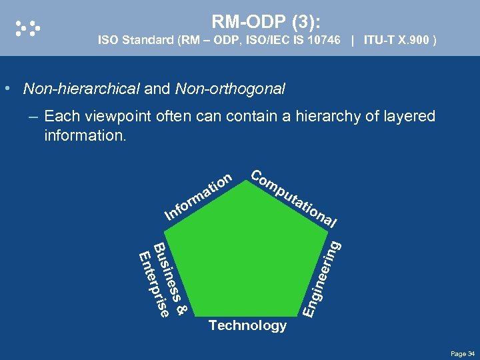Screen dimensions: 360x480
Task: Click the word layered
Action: click(x=409, y=117)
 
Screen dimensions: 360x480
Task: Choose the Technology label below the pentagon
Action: click(x=247, y=325)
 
